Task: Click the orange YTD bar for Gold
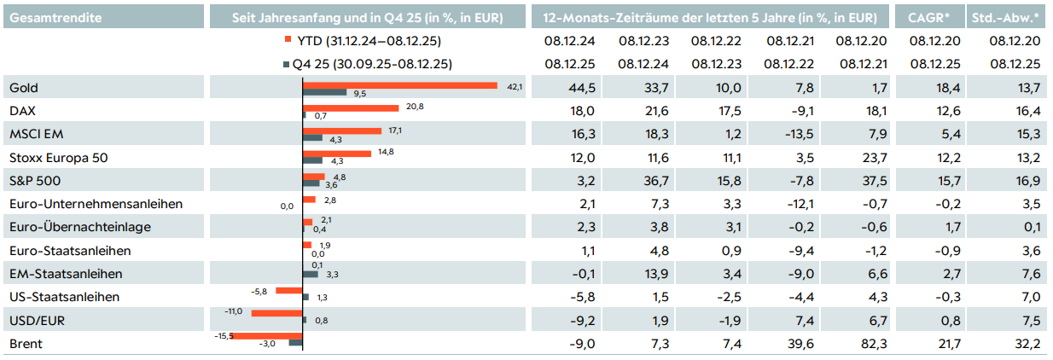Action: pos(400,85)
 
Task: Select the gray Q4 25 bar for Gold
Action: pos(325,92)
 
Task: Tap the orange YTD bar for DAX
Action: pos(352,107)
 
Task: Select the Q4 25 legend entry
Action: pos(366,64)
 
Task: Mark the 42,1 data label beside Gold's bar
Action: pos(515,86)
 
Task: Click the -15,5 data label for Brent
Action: pos(224,336)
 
